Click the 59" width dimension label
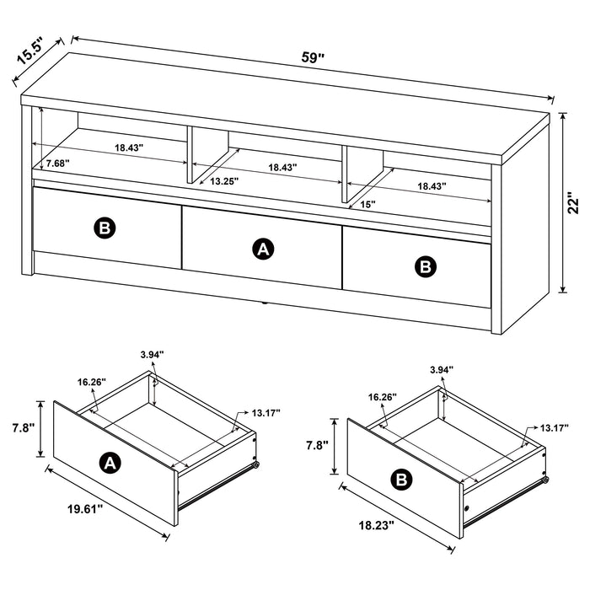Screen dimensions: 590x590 pyautogui.click(x=313, y=58)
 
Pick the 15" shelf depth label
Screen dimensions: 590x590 pyautogui.click(x=367, y=204)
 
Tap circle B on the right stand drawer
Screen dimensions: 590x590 pyautogui.click(x=426, y=266)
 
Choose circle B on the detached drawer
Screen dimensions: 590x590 pyautogui.click(x=402, y=480)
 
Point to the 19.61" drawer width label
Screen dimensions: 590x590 pyautogui.click(x=87, y=507)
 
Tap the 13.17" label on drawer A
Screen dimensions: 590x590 pyautogui.click(x=266, y=412)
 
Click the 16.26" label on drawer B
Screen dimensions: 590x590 pyautogui.click(x=383, y=396)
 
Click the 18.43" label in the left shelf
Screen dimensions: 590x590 pyautogui.click(x=130, y=148)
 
